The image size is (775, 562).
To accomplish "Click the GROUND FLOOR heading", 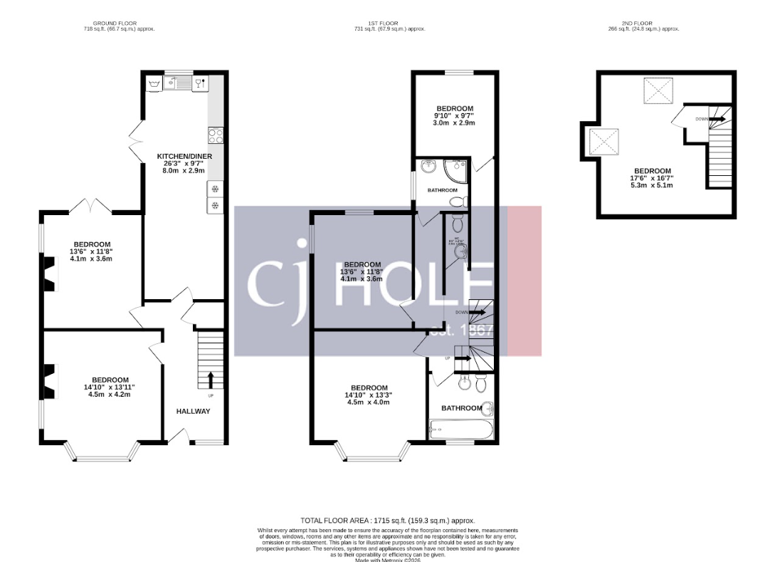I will click(x=119, y=23).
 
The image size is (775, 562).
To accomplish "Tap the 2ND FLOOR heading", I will click(x=643, y=23).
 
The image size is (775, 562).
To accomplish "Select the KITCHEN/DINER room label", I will click(x=184, y=156).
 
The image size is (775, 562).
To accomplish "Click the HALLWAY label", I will click(x=194, y=411).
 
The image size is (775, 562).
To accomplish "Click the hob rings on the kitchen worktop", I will click(x=216, y=135).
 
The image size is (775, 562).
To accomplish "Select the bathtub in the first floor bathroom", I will click(x=460, y=430).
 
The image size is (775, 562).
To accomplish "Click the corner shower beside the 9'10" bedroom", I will click(x=453, y=170).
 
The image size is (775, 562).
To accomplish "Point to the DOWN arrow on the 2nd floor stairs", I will click(x=717, y=119).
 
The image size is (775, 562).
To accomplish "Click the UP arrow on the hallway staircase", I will click(x=211, y=378).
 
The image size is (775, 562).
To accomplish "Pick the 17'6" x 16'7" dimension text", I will click(x=653, y=178).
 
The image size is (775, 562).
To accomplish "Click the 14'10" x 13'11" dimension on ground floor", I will click(x=110, y=387).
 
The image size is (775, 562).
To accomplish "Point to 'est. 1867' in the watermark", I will click(x=461, y=331).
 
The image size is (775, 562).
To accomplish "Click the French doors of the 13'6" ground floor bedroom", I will click(x=90, y=207).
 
